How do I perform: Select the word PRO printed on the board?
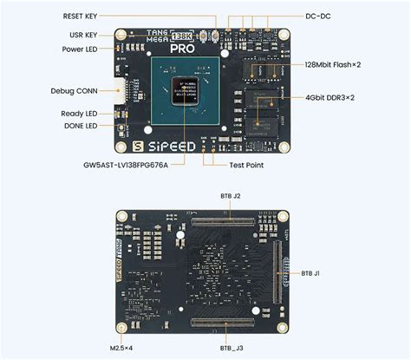(x=182, y=49)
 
